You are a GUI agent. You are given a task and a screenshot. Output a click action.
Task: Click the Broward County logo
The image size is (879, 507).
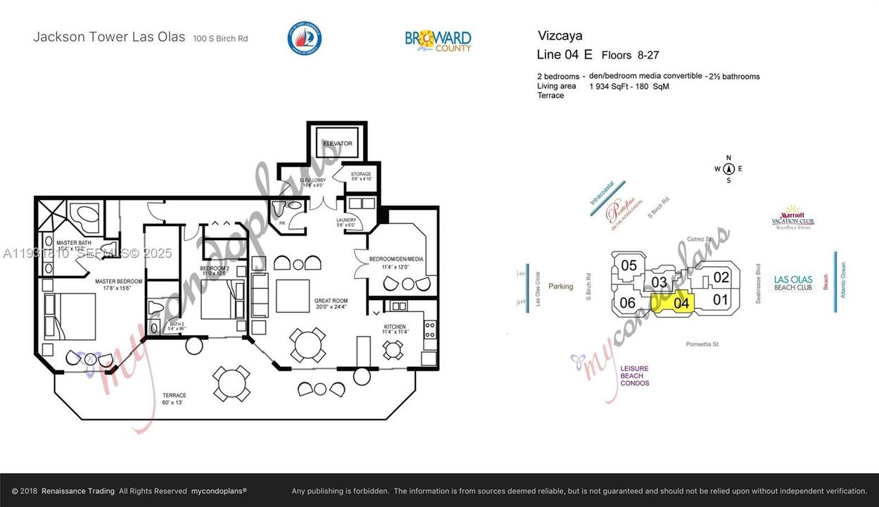pyautogui.click(x=438, y=40)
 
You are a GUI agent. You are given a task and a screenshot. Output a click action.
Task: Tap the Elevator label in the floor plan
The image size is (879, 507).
pyautogui.click(x=337, y=144)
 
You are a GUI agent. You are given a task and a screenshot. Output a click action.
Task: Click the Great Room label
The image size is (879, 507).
pyautogui.click(x=331, y=305)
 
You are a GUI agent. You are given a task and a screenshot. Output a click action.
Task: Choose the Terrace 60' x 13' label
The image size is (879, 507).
pyautogui.click(x=174, y=399)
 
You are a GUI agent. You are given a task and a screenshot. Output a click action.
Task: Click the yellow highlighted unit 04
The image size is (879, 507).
pyautogui.click(x=681, y=303)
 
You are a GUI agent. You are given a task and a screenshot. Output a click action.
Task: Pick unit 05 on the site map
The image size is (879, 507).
pyautogui.click(x=629, y=265)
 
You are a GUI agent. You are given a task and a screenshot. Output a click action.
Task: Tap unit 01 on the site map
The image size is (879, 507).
pyautogui.click(x=720, y=299)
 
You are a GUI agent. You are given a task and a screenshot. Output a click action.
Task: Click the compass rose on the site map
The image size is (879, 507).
pyautogui.click(x=728, y=169)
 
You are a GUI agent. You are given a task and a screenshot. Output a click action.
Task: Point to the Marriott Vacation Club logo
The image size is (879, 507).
pyautogui.click(x=792, y=218)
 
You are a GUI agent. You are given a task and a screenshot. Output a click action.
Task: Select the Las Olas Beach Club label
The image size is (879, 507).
pyautogui.click(x=793, y=283)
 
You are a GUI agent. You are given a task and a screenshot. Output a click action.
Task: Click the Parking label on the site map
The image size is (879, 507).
pyautogui.click(x=561, y=287)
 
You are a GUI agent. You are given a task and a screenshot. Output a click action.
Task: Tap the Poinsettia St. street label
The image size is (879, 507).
pyautogui.click(x=702, y=344)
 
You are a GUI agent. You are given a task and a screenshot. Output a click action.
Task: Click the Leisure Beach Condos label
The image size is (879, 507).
pyautogui.click(x=635, y=375)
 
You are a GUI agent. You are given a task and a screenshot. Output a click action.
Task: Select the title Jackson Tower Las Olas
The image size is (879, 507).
pyautogui.click(x=109, y=37)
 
